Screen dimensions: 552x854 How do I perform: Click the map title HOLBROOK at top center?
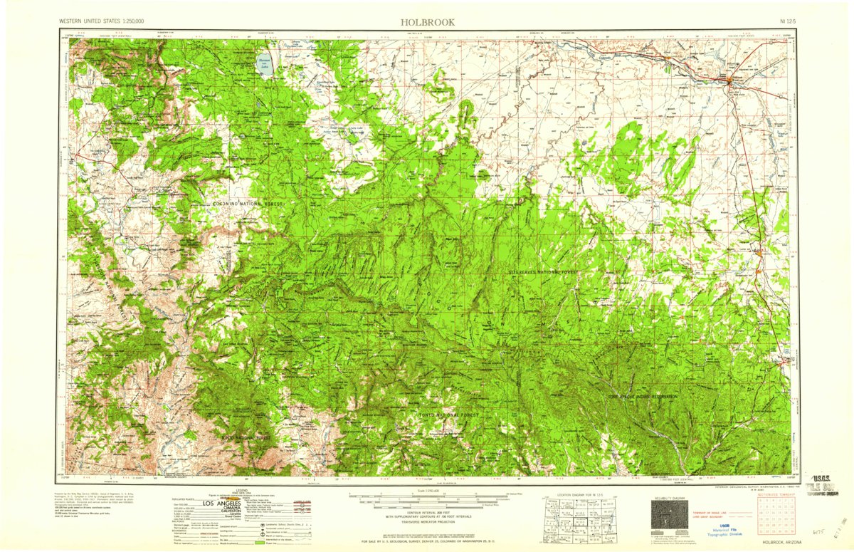(x=427, y=22)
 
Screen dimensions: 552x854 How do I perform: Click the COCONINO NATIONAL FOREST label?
(x=247, y=204)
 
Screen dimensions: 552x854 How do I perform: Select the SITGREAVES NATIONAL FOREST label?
(x=544, y=272)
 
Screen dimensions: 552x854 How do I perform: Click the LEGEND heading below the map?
(x=243, y=490)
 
